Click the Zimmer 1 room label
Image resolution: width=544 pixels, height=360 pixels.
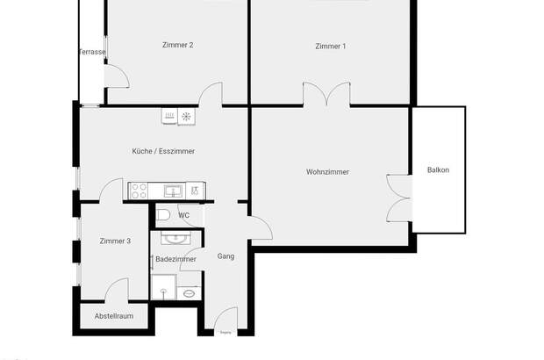tap(330, 46)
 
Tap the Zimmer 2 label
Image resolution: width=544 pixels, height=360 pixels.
tap(178, 45)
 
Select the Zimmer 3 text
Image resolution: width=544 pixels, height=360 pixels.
tap(115, 241)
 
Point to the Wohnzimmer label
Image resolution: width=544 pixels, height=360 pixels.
tap(327, 171)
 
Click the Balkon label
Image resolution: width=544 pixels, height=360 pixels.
tap(438, 169)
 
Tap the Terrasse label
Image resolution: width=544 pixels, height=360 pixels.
tap(91, 53)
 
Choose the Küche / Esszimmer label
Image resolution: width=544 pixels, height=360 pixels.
tap(163, 151)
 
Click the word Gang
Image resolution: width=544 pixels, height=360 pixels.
tap(225, 256)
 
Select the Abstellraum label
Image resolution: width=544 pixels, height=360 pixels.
tap(114, 316)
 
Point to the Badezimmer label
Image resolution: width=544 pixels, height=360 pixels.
tap(175, 259)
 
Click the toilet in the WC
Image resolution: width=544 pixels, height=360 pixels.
tap(162, 214)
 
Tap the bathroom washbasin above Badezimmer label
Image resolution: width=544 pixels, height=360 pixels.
tap(175, 237)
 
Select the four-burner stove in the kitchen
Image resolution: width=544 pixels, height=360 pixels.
tap(140, 189)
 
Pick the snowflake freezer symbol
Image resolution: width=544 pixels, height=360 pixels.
tap(186, 116)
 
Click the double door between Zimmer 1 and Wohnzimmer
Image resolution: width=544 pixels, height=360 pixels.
tap(327, 95)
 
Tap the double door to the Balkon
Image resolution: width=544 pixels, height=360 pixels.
tap(397, 198)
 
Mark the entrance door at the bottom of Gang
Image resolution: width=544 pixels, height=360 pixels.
tap(226, 320)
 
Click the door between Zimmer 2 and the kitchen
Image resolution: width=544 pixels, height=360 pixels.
tap(211, 95)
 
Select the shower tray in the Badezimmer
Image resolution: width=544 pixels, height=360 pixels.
tap(164, 287)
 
